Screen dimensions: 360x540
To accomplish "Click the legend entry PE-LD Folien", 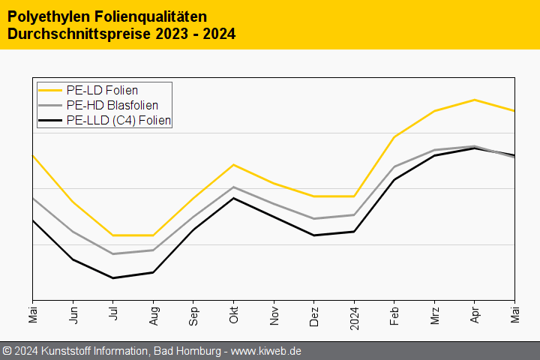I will (101, 91).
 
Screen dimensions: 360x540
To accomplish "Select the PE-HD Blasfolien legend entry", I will (112, 105).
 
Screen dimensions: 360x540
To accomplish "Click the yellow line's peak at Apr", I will (475, 100).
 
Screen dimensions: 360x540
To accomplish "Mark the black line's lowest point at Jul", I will (113, 278).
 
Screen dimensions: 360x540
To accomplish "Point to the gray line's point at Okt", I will (234, 187).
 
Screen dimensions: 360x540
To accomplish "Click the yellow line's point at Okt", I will (234, 164).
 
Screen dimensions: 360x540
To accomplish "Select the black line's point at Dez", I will (314, 235).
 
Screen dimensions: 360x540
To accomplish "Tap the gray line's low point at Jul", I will (113, 254).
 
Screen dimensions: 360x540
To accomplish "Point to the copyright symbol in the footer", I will (7, 351).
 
